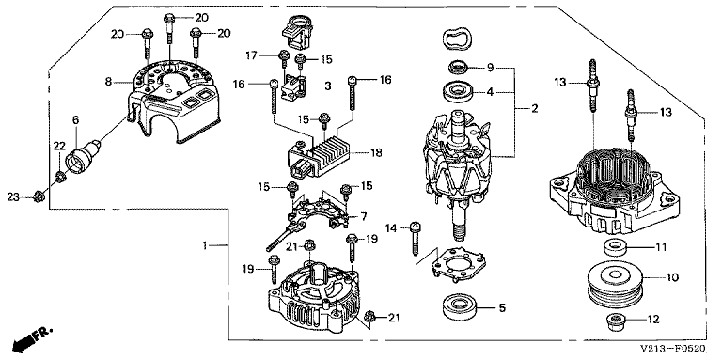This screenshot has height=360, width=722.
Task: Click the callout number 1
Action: [x=205, y=246]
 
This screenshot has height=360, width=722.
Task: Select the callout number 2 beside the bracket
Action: [x=534, y=109]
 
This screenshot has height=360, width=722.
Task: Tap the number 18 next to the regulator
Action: [x=376, y=152]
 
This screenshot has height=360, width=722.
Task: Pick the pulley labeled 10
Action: [x=615, y=283]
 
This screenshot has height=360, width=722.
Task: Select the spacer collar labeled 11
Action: [x=615, y=247]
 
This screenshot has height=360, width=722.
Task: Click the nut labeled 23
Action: [x=39, y=197]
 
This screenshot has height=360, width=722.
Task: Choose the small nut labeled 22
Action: [x=59, y=176]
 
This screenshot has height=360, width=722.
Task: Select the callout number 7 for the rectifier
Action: [x=364, y=216]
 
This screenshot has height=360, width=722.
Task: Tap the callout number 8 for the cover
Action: [x=108, y=82]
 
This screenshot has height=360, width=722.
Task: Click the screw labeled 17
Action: [x=281, y=57]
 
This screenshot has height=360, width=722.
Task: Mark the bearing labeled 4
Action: [x=459, y=91]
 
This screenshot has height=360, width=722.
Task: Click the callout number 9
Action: [x=491, y=68]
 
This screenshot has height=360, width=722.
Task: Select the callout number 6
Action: [x=75, y=119]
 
